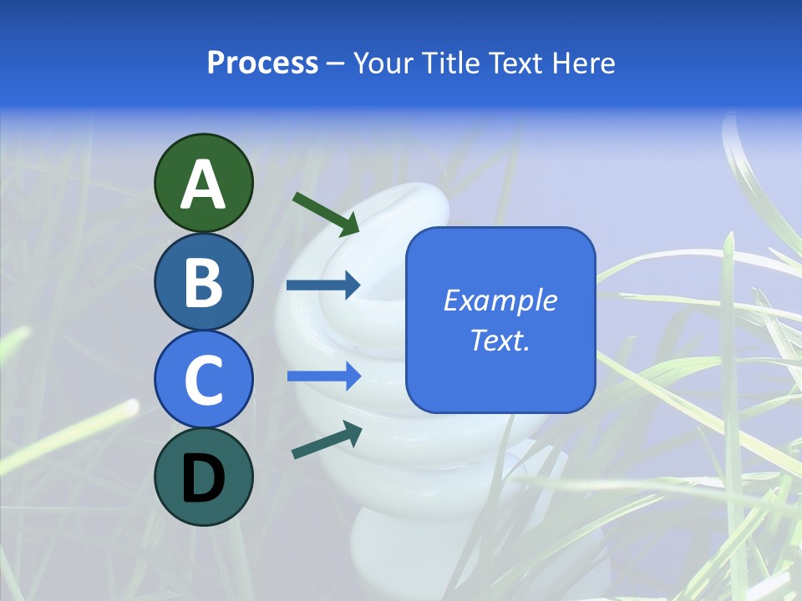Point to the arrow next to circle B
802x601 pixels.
323,285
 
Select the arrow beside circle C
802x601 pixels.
323,376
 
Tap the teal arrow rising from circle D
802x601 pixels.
327,440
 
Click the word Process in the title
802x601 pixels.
262,63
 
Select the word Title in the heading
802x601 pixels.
452,63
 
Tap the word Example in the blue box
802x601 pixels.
500,300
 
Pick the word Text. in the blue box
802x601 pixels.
500,340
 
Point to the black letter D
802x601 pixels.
204,477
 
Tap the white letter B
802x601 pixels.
204,282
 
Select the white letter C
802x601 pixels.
204,380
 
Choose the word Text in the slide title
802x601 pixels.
515,63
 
